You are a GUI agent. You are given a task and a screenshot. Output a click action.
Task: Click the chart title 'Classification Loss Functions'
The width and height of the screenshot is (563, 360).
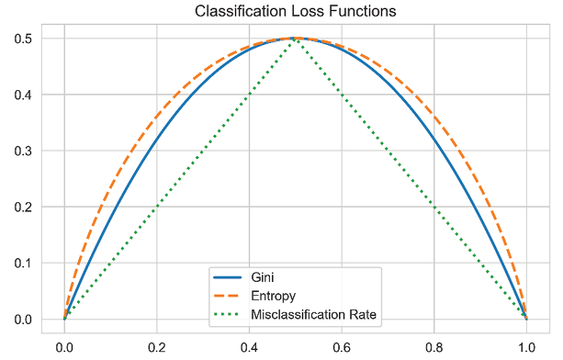pos(294,12)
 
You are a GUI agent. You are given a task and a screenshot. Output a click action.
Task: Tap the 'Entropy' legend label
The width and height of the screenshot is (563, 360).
pos(273,296)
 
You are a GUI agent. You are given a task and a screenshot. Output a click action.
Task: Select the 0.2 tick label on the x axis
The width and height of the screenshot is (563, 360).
pos(157,347)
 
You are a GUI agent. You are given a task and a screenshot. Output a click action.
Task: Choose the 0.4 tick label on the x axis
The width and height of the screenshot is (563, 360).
pos(249,347)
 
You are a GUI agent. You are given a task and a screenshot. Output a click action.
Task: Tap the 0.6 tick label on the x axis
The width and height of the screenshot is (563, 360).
pos(342,347)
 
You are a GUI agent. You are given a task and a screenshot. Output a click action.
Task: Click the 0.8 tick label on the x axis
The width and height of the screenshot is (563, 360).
pos(434,347)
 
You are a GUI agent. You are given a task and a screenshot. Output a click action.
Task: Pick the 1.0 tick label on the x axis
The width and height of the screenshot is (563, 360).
pos(525,347)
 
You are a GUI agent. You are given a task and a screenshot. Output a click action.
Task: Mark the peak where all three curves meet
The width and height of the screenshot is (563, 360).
pos(295,38)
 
